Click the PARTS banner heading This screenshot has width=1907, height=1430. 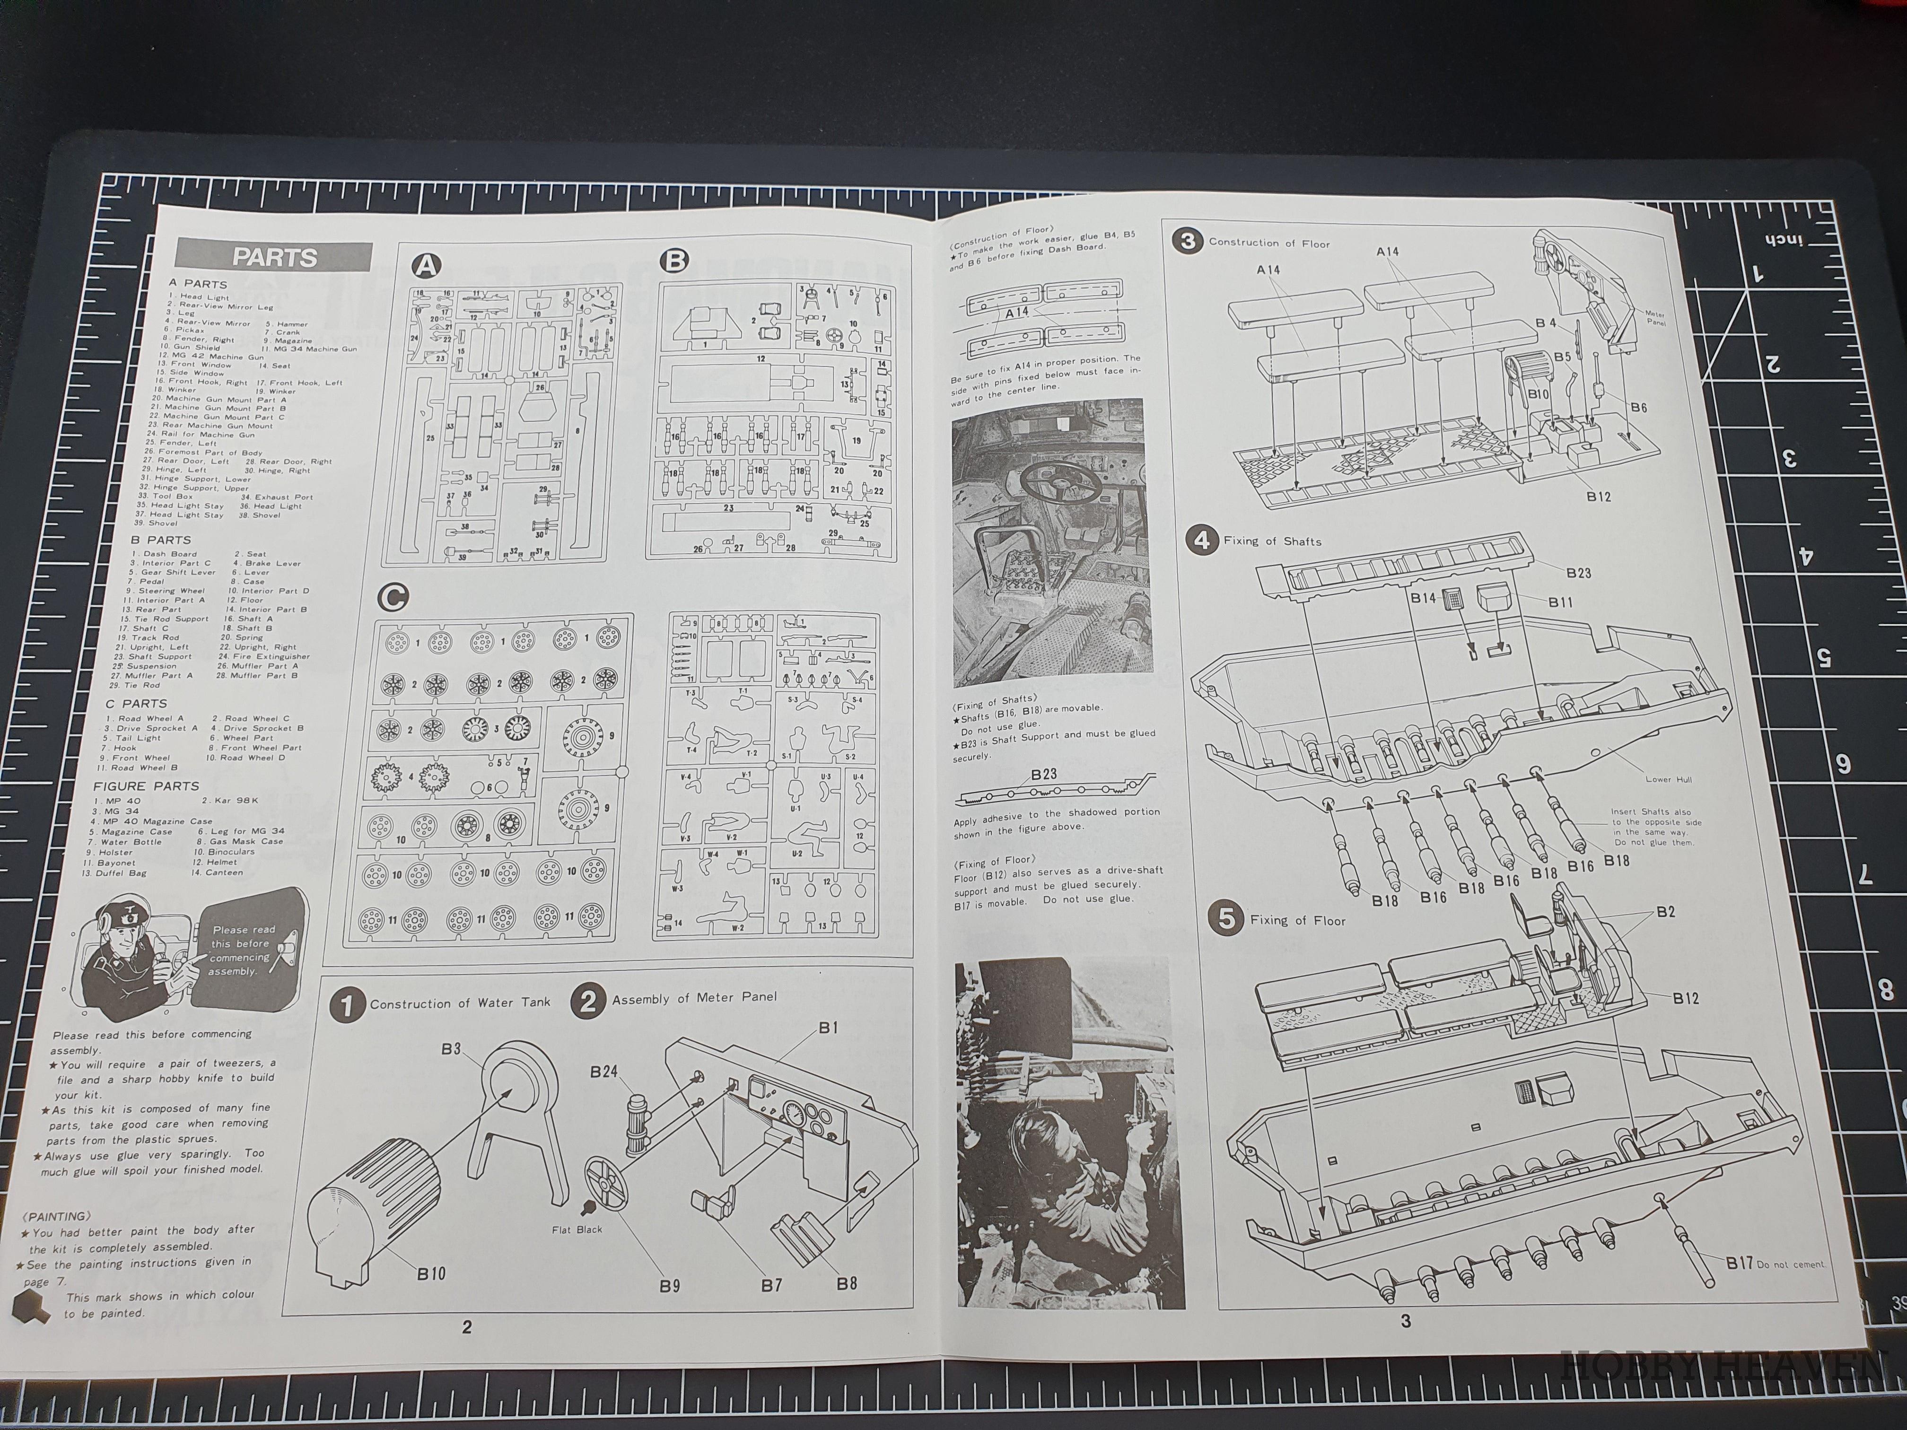(x=274, y=257)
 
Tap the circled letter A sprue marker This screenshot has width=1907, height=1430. (x=425, y=265)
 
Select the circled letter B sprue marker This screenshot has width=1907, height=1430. (x=674, y=260)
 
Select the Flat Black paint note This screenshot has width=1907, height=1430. (x=577, y=1229)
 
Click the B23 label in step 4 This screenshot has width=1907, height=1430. (x=1578, y=573)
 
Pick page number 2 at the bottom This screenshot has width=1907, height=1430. (x=466, y=1326)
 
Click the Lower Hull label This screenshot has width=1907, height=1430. (x=1668, y=779)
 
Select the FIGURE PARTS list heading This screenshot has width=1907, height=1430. (x=146, y=786)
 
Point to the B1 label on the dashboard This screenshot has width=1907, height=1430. (x=828, y=1028)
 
